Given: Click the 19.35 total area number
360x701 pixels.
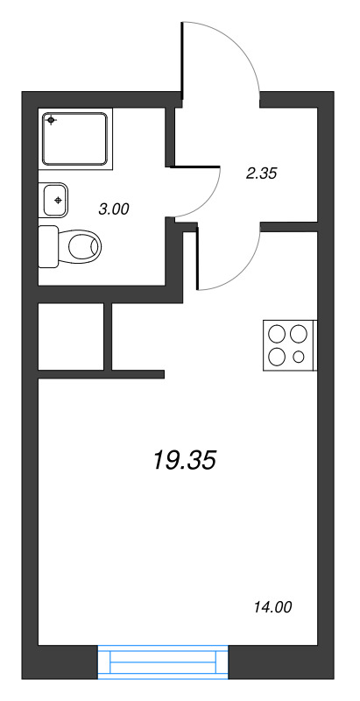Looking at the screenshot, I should click(x=184, y=459).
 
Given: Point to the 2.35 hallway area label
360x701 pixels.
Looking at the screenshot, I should click(x=261, y=173).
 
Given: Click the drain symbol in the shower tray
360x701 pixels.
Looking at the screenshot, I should click(x=52, y=120).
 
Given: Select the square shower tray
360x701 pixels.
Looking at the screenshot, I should click(x=76, y=138).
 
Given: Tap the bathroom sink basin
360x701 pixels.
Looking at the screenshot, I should click(x=53, y=201).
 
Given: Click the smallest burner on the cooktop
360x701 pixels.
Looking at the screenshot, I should click(x=299, y=357).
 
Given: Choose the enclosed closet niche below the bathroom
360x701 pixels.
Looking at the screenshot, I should click(x=71, y=336).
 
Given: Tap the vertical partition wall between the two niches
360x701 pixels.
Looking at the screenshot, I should click(x=109, y=336).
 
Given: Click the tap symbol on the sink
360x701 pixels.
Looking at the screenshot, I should click(x=58, y=201).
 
